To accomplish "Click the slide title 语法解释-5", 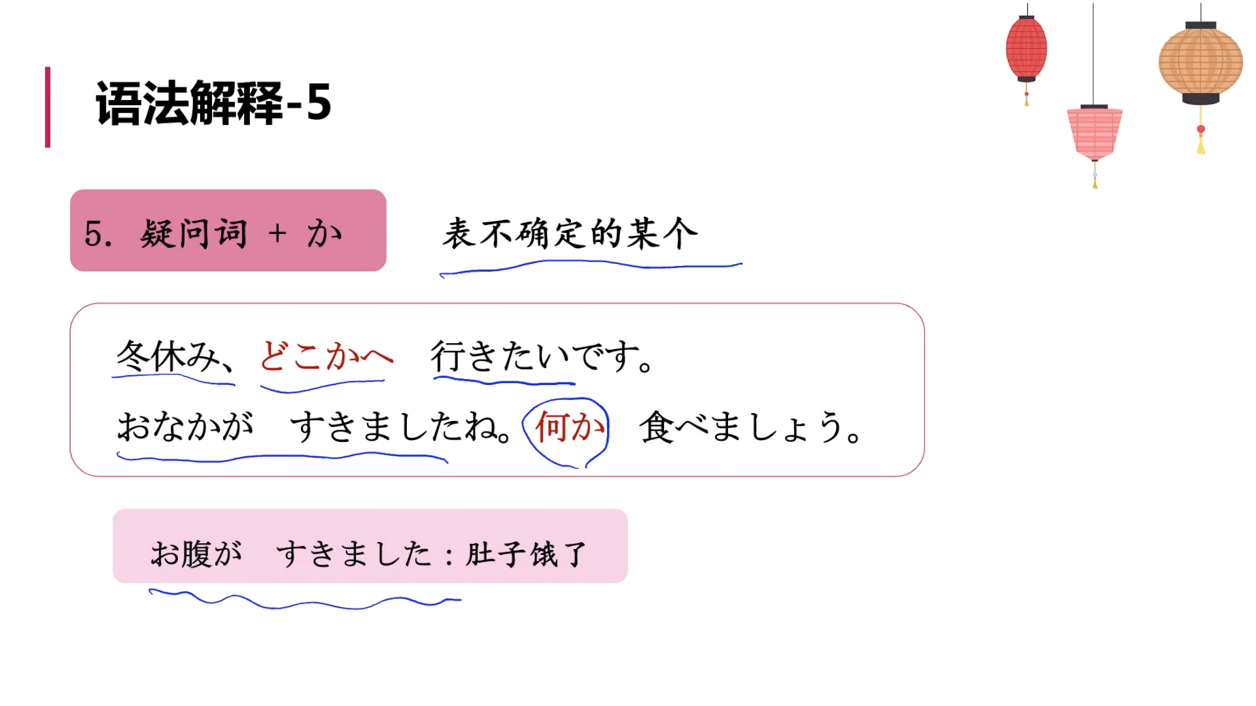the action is point(213,103).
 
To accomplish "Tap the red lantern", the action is point(1026,49).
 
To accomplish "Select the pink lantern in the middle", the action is point(1094,133).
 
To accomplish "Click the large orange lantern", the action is point(1200,62).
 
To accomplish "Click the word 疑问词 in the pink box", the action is point(194,233).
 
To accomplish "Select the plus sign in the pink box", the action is point(277,233).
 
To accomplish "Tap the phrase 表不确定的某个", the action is point(570,233).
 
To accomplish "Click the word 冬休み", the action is point(167,356).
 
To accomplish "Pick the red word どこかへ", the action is point(326,356).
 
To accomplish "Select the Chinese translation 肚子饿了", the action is point(526,554).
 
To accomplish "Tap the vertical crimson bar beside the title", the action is point(48,107).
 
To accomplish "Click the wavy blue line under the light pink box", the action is point(305,602).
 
